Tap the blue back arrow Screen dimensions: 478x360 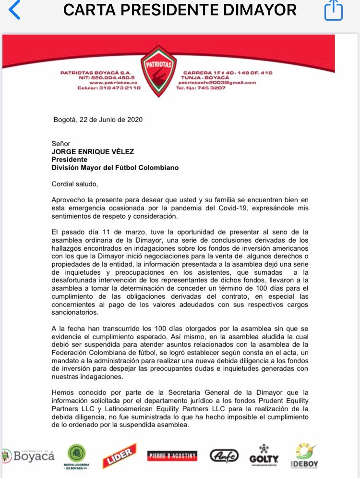point(14,11)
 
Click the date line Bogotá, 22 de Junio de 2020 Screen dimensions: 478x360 point(98,120)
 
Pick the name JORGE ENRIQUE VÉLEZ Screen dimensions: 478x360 point(93,152)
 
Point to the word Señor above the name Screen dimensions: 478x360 point(61,144)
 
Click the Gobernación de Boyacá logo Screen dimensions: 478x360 point(28,455)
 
